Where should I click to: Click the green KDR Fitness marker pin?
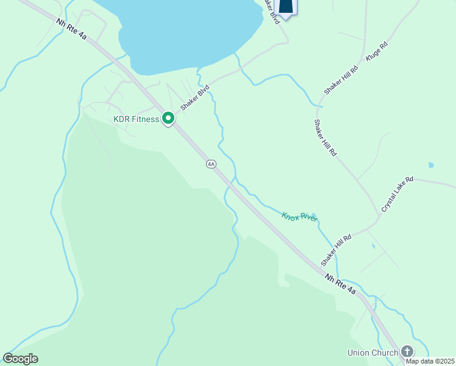(x=168, y=119)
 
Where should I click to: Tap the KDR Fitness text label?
(x=136, y=119)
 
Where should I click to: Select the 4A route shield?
(x=211, y=163)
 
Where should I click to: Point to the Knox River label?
(x=299, y=217)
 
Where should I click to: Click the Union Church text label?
(x=372, y=353)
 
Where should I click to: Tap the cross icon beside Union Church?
(x=407, y=351)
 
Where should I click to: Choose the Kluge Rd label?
(x=376, y=51)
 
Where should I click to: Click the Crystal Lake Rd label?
(x=397, y=194)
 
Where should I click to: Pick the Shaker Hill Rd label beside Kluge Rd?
(x=341, y=76)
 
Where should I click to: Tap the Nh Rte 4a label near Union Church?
(x=340, y=285)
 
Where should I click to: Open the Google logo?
(x=21, y=359)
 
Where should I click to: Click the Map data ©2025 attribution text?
(x=430, y=361)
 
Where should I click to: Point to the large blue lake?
(x=183, y=30)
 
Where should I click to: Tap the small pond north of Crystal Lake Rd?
(x=431, y=165)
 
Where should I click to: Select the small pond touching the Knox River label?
(x=313, y=215)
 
